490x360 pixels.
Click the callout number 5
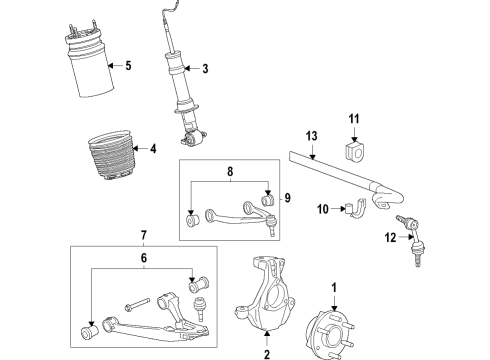click(126, 67)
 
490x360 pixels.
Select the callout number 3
click(204, 69)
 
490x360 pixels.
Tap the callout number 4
click(153, 150)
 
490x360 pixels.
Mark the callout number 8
click(230, 172)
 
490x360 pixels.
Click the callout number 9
click(287, 197)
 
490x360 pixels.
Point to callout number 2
click(268, 353)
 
